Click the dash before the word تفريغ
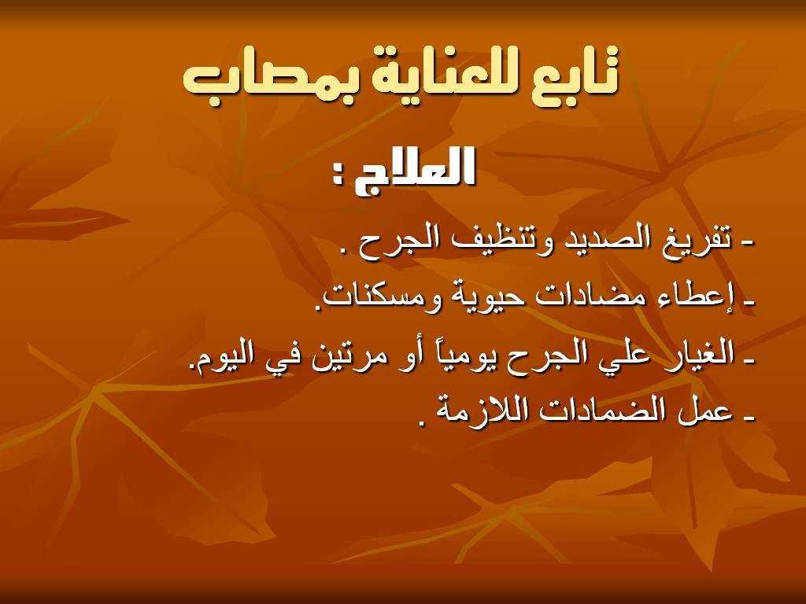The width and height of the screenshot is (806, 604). pyautogui.click(x=749, y=245)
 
